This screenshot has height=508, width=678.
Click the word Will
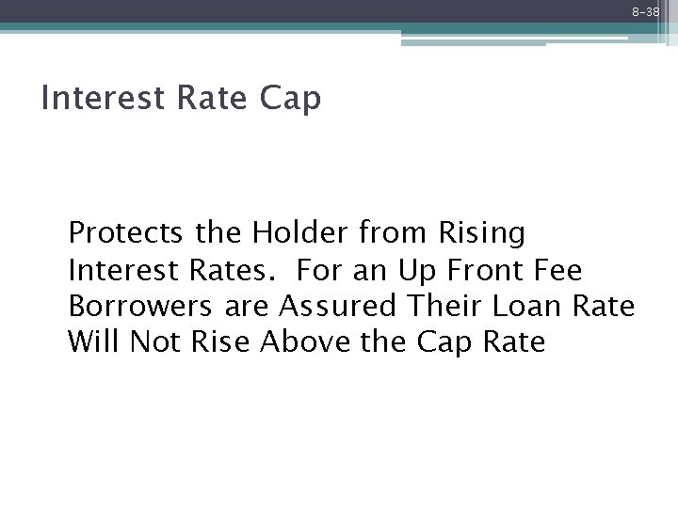(x=93, y=342)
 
